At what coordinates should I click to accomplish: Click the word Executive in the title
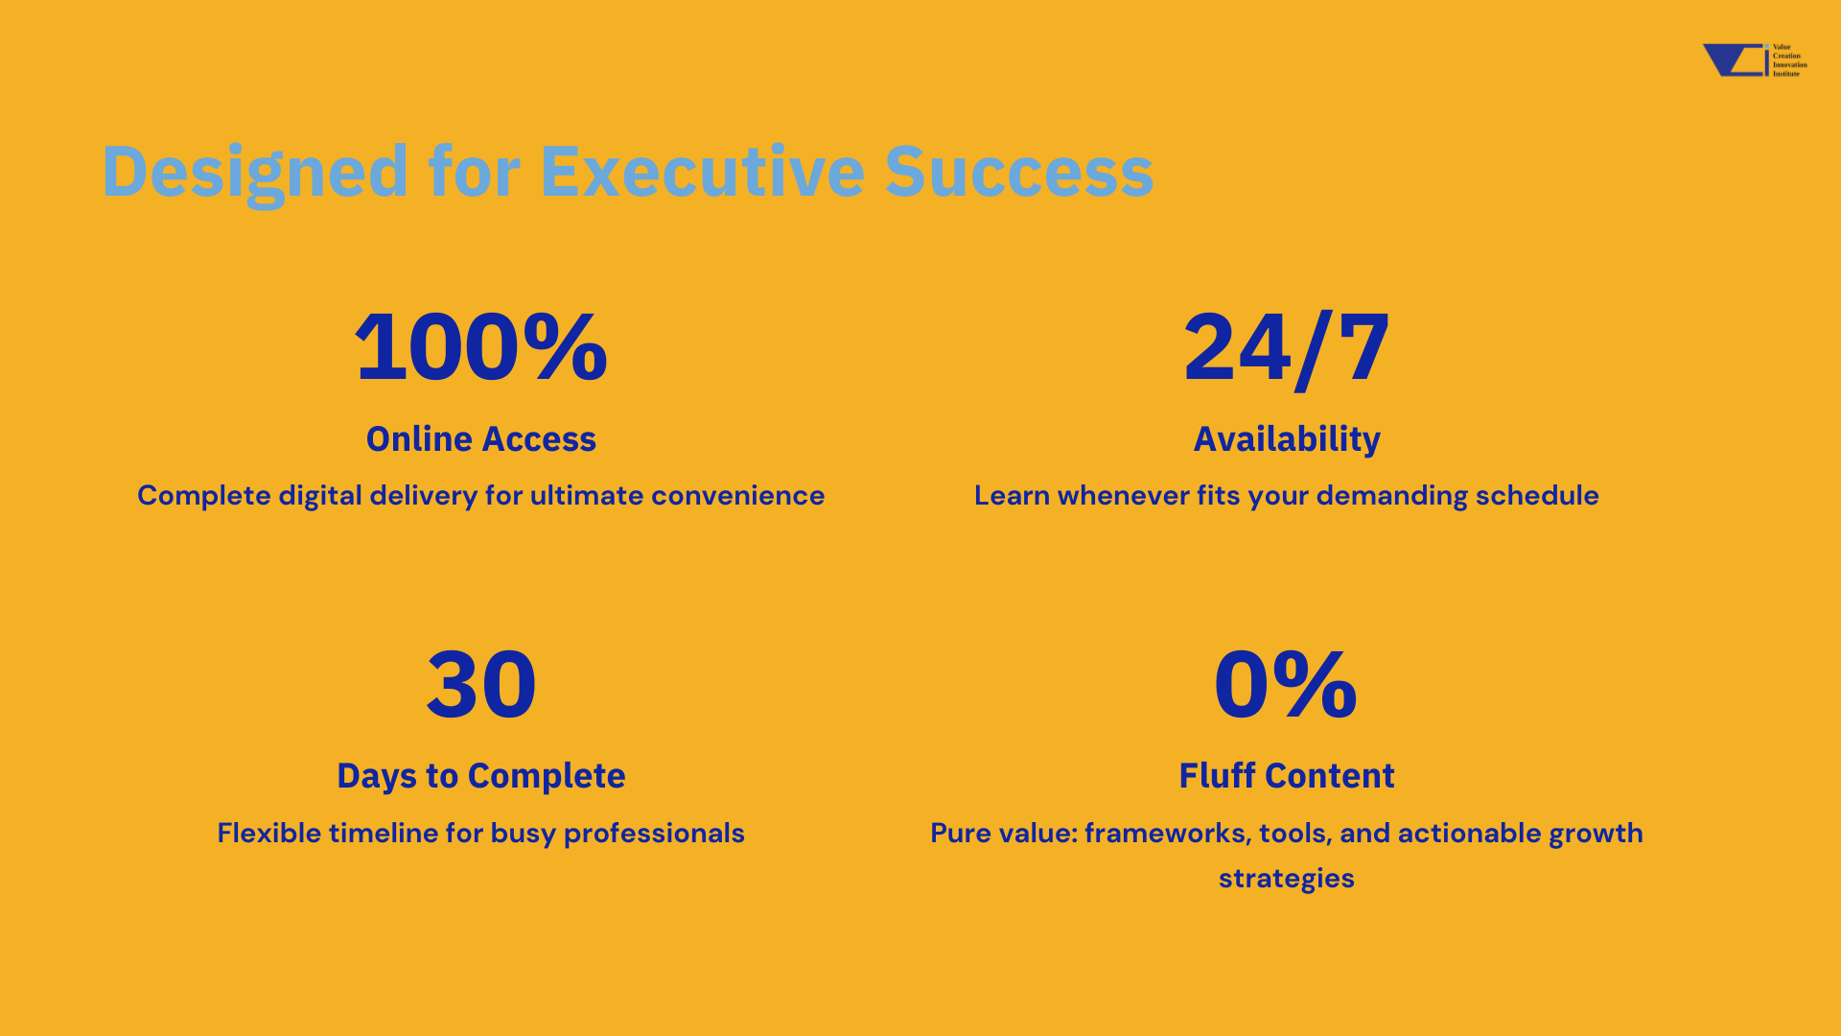coord(703,172)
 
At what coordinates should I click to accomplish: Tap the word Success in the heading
coord(1019,172)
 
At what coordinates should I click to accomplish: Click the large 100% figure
coord(481,346)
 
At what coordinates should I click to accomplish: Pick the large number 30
coord(481,684)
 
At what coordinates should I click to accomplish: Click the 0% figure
coord(1286,683)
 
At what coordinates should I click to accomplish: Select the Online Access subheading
coord(481,438)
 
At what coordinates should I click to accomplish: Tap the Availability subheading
coord(1287,439)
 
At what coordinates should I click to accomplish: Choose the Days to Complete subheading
coord(481,776)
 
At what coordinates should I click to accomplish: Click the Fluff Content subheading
coord(1287,775)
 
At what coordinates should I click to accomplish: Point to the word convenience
coord(737,496)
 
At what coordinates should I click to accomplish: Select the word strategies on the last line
coord(1287,879)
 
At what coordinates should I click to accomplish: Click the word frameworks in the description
coord(1168,833)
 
